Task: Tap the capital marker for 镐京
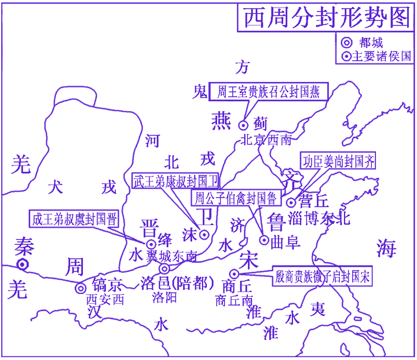[81, 288]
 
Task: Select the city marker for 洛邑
[164, 269]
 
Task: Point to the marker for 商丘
[234, 274]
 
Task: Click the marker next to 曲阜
[264, 240]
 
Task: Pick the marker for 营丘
[291, 202]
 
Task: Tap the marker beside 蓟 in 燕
[244, 124]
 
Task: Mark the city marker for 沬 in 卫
[204, 234]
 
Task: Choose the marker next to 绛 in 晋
[151, 244]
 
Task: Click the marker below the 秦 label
[23, 265]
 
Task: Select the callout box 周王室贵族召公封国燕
[268, 91]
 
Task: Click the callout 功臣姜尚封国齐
[338, 161]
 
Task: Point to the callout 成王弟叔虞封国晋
[74, 219]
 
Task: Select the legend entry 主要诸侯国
[377, 56]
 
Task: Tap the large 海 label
[386, 248]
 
